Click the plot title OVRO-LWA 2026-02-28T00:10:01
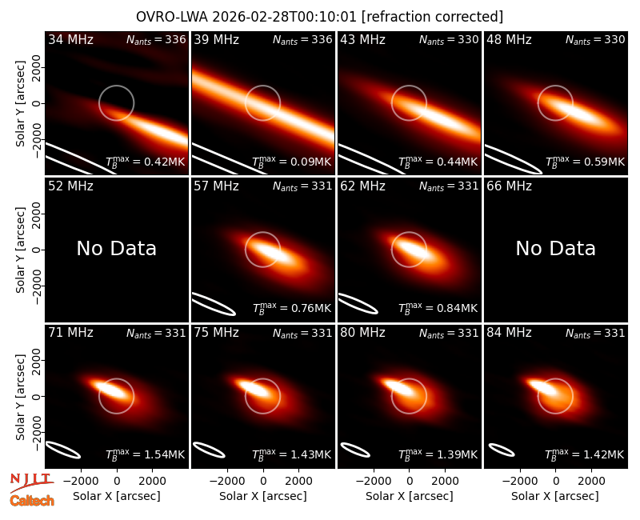point(247,17)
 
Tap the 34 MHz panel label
point(70,39)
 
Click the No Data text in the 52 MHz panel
point(117,248)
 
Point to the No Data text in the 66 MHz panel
point(555,248)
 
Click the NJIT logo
point(32,482)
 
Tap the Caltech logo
point(32,501)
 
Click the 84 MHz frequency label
point(509,333)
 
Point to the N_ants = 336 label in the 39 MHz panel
point(302,39)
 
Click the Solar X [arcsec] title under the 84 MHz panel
point(555,496)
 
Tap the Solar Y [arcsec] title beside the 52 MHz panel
point(20,250)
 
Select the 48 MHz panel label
point(509,39)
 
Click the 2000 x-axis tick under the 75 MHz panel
point(298,481)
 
